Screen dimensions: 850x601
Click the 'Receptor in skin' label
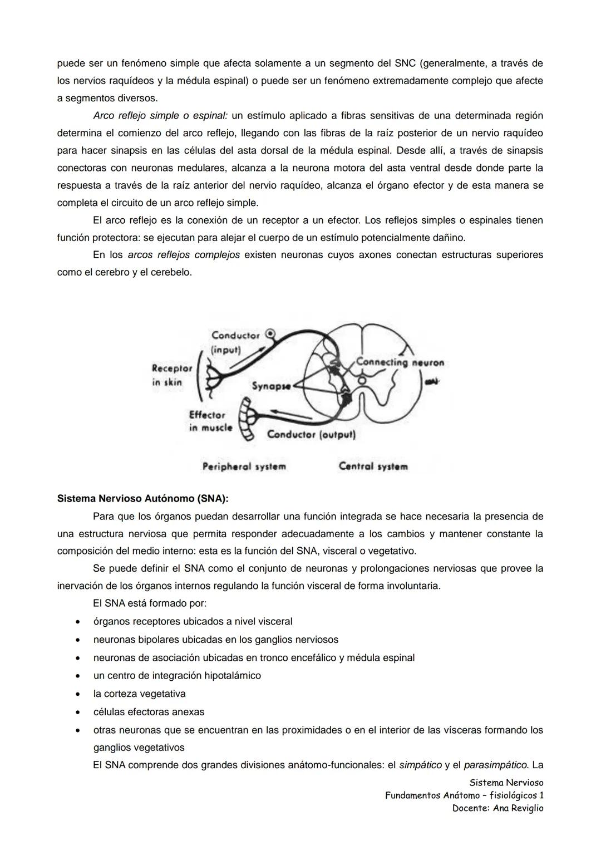click(172, 375)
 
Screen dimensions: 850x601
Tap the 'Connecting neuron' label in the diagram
click(400, 362)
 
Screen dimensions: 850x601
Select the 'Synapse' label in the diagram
click(271, 386)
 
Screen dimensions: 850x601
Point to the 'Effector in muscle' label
click(210, 421)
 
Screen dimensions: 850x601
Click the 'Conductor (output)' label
click(311, 434)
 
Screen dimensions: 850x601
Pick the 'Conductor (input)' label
click(235, 342)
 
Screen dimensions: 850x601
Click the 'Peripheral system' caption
click(244, 466)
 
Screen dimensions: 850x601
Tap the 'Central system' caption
click(373, 466)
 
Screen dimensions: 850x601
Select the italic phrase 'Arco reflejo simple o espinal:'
click(160, 116)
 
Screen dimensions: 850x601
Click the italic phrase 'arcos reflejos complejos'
click(184, 255)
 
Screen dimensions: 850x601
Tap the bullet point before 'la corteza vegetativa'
click(80, 694)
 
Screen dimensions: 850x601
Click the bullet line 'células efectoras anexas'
click(149, 712)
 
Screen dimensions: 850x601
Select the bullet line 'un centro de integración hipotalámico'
click(177, 676)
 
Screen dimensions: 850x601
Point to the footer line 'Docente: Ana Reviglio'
click(497, 808)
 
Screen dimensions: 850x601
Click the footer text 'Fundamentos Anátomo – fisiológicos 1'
click(464, 795)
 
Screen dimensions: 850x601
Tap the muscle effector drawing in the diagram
click(246, 418)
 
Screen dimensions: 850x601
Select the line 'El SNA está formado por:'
click(150, 603)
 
